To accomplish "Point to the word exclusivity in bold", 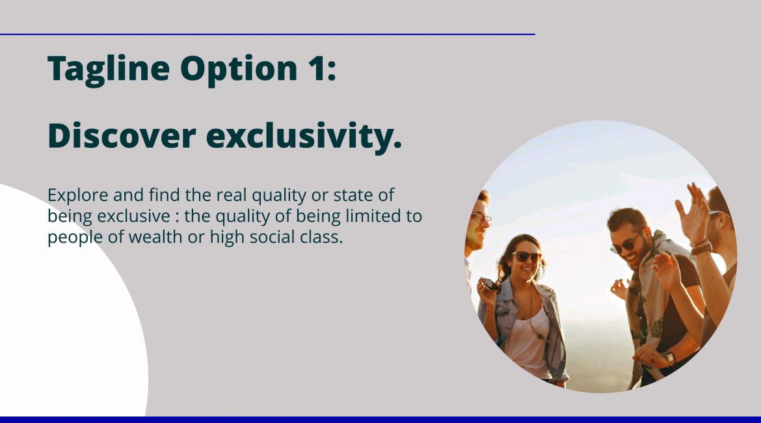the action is (304, 137).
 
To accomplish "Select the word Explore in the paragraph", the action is (78, 196).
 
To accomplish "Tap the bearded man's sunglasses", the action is (626, 243).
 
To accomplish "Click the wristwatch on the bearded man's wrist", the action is (670, 359).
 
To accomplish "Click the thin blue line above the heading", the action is (267, 34).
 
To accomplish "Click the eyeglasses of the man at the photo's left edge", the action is (481, 219).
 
